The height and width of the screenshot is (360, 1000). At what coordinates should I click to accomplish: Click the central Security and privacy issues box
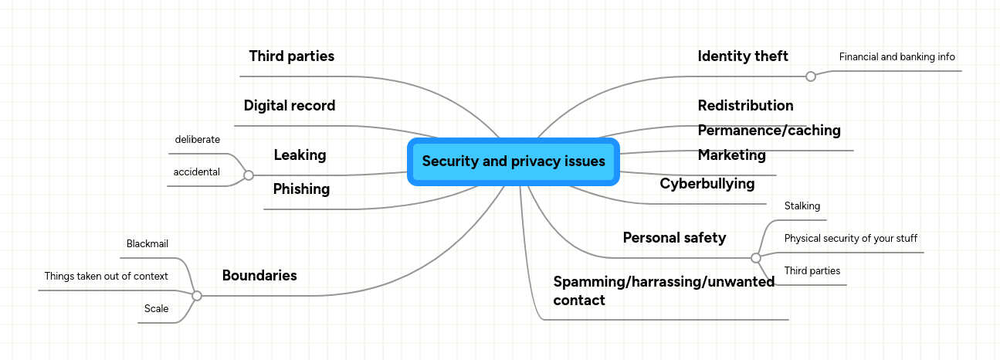click(514, 161)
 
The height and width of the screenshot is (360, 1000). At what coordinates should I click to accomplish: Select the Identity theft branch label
click(743, 56)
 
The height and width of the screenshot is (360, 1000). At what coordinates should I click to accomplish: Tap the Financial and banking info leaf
click(897, 56)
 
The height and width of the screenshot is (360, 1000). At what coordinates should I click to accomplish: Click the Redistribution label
click(745, 105)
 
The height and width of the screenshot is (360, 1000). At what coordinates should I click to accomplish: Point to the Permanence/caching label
click(769, 130)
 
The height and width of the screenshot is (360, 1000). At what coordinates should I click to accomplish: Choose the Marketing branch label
click(731, 155)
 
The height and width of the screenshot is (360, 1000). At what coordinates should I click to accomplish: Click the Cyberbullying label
click(707, 183)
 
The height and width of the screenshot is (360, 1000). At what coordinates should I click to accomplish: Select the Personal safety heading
click(674, 237)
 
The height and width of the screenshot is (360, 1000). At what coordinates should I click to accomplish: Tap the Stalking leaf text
click(802, 205)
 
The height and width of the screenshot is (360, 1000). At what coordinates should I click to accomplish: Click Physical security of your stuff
click(850, 238)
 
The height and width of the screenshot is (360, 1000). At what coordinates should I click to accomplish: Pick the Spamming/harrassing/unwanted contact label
click(663, 290)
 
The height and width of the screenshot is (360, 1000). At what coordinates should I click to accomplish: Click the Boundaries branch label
click(259, 275)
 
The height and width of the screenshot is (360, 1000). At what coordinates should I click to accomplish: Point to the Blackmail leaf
click(147, 243)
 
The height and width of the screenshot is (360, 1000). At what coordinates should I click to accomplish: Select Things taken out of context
click(106, 276)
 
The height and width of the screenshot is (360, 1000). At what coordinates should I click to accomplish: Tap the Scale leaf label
click(156, 308)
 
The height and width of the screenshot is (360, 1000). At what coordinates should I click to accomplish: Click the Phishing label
click(301, 188)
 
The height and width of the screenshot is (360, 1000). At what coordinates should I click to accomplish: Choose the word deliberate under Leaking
click(197, 139)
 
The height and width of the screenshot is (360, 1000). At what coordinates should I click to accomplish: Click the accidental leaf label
click(196, 172)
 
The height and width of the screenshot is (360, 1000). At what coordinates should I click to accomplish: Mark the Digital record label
click(289, 105)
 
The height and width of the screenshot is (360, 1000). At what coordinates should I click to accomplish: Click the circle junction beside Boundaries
click(197, 296)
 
